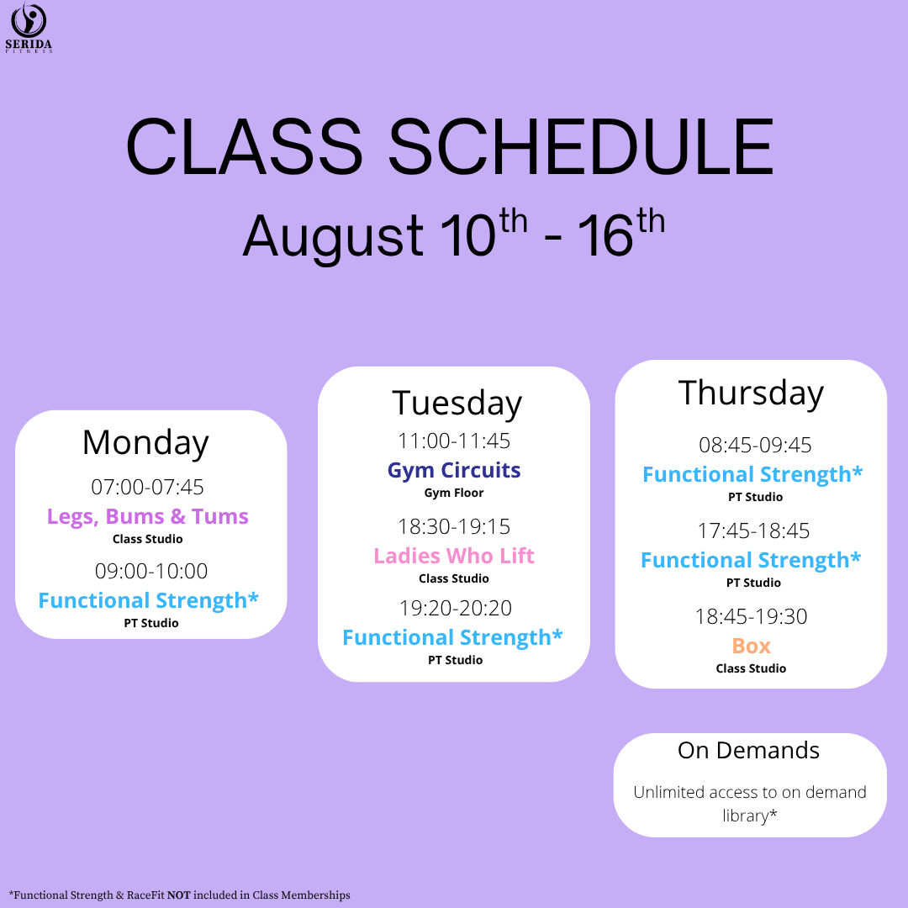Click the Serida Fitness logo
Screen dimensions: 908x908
tap(29, 28)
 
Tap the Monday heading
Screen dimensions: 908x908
tap(145, 443)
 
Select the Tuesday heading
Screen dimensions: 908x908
tap(457, 404)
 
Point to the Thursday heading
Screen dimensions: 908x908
tap(751, 393)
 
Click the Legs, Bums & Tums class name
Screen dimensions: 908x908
tap(148, 516)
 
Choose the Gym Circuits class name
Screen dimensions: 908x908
tap(454, 470)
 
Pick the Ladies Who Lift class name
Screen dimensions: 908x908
tap(454, 556)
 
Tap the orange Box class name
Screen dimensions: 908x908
tap(751, 646)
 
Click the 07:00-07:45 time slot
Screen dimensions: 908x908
tap(148, 487)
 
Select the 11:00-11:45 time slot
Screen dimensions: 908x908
tap(454, 441)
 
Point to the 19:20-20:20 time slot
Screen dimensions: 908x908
tap(456, 608)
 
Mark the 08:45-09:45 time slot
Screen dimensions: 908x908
tap(755, 446)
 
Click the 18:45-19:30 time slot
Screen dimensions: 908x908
tap(751, 617)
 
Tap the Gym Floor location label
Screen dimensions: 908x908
tap(454, 493)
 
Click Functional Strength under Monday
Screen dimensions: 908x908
tap(148, 600)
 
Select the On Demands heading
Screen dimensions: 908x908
tap(749, 751)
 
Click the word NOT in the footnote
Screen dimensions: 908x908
tap(179, 895)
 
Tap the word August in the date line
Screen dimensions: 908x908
tap(333, 235)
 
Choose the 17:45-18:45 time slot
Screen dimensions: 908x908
tap(753, 531)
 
